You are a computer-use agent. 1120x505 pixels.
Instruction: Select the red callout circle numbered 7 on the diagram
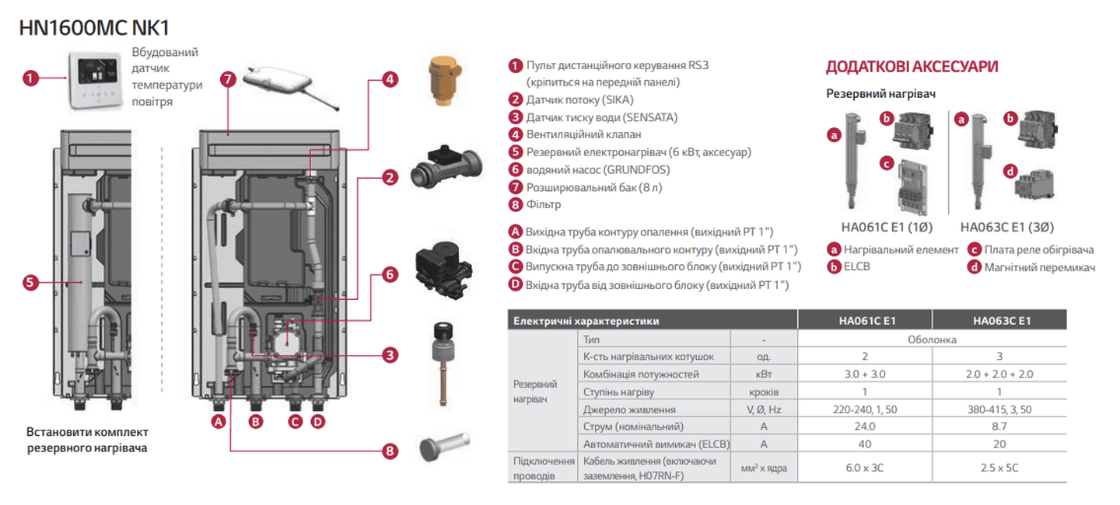point(228,78)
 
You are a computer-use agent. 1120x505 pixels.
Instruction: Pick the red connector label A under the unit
point(219,422)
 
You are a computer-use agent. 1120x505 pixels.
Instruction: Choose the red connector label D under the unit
point(317,422)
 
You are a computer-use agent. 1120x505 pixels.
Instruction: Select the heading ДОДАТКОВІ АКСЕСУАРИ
point(912,67)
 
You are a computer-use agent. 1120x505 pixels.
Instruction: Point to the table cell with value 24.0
point(865,427)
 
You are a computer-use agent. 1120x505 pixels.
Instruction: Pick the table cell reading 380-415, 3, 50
point(999,409)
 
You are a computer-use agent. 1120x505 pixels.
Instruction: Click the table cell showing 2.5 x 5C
point(999,468)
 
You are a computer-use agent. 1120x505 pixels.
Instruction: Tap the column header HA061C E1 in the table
point(865,320)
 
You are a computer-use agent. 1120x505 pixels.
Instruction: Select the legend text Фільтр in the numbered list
point(543,204)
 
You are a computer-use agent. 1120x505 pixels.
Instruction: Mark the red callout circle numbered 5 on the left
point(30,283)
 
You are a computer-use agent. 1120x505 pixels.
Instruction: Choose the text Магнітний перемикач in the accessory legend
point(1040,267)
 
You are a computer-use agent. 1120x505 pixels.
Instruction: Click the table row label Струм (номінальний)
point(633,427)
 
